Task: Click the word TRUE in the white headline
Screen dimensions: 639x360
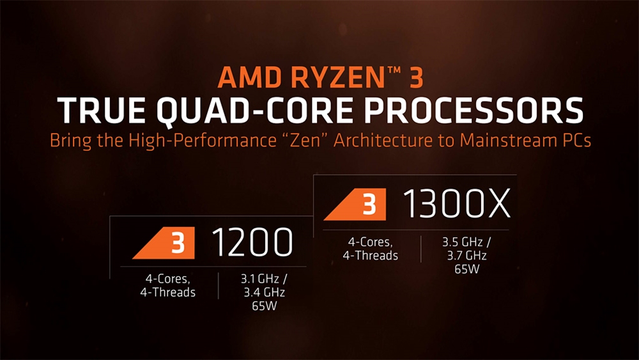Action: pyautogui.click(x=102, y=110)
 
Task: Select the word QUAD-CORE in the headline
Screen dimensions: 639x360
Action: pyautogui.click(x=255, y=110)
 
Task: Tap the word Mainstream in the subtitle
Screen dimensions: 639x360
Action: pyautogui.click(x=506, y=140)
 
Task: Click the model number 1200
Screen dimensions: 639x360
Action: pyautogui.click(x=252, y=242)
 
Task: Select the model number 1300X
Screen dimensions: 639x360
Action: pyautogui.click(x=456, y=204)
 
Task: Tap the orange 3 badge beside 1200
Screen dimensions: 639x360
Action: pyautogui.click(x=164, y=243)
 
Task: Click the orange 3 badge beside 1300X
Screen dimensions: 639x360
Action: pyautogui.click(x=355, y=204)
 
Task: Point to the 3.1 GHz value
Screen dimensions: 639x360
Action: pyautogui.click(x=260, y=279)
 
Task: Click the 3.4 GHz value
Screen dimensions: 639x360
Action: pyautogui.click(x=265, y=292)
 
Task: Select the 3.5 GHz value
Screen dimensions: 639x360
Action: pyautogui.click(x=463, y=242)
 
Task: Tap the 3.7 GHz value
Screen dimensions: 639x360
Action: pyautogui.click(x=467, y=256)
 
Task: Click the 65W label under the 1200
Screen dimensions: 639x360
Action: pyautogui.click(x=265, y=306)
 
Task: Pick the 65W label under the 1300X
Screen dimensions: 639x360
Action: pyautogui.click(x=467, y=269)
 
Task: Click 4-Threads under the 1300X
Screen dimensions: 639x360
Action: pyautogui.click(x=371, y=256)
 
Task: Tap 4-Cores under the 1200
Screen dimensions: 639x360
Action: pyautogui.click(x=168, y=279)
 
